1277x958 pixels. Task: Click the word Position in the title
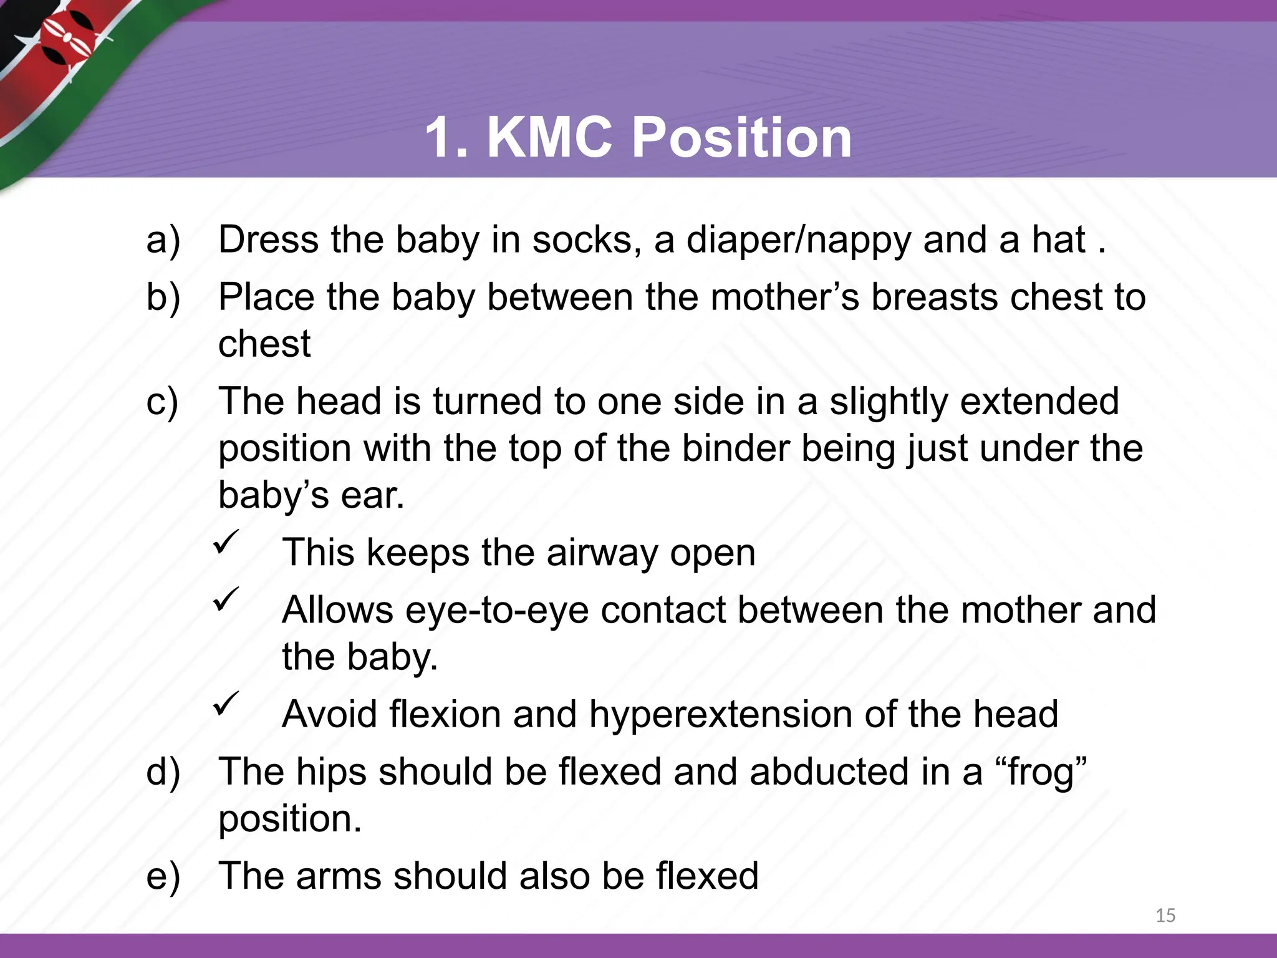pyautogui.click(x=741, y=138)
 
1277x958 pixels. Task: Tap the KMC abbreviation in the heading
pyautogui.click(x=549, y=138)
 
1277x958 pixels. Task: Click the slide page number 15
pyautogui.click(x=1165, y=916)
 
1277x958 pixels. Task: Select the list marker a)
pyautogui.click(x=163, y=240)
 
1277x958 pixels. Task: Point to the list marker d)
pyautogui.click(x=163, y=772)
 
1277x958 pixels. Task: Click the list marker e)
pyautogui.click(x=163, y=876)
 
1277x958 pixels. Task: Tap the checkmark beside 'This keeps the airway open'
pyautogui.click(x=226, y=541)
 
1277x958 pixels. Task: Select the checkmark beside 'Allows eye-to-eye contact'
pyautogui.click(x=226, y=599)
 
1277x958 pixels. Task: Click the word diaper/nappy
pyautogui.click(x=799, y=241)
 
